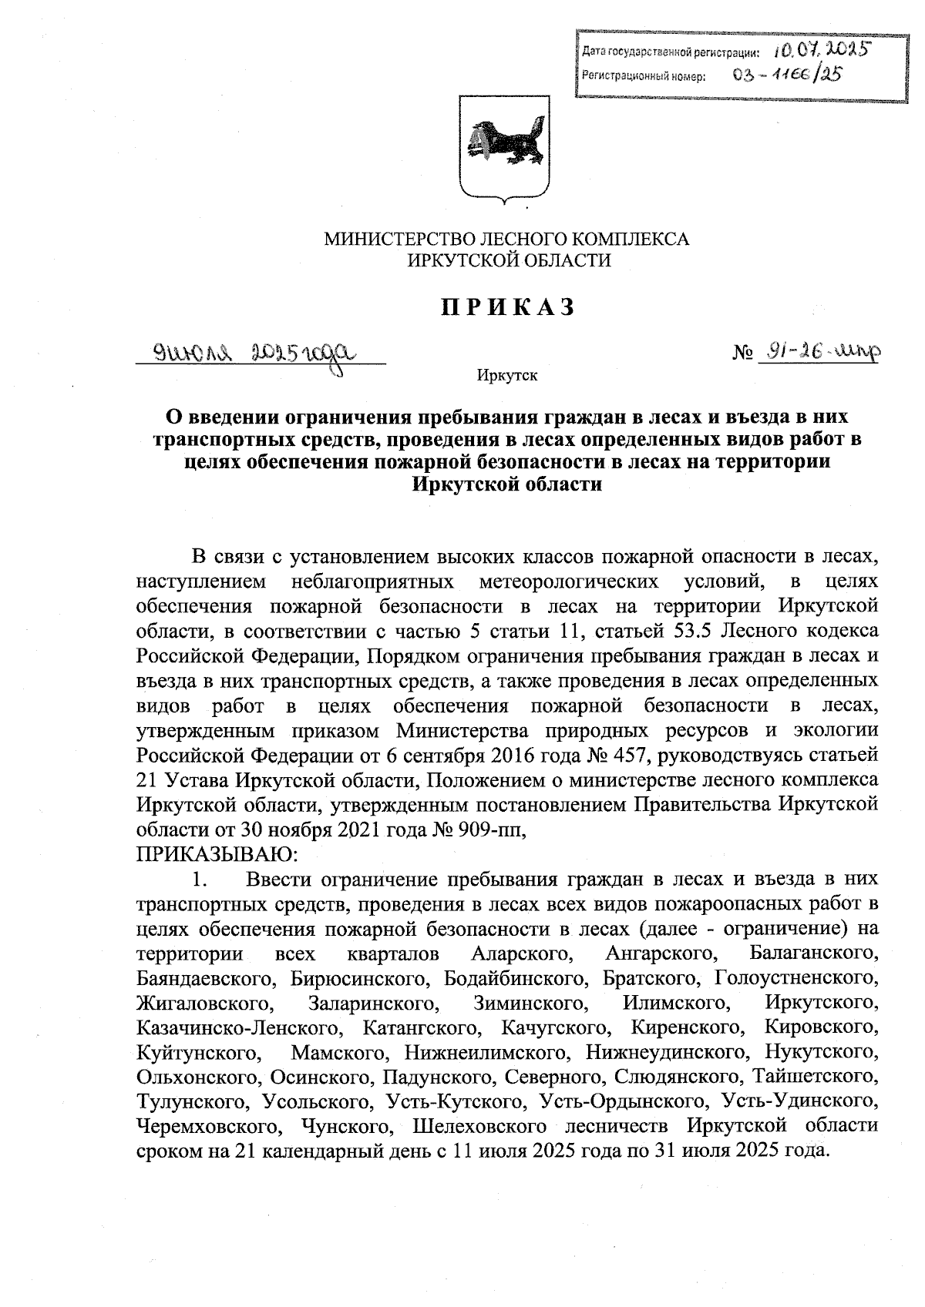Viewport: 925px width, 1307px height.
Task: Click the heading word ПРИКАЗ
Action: click(508, 307)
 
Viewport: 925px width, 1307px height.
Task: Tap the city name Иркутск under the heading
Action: click(507, 377)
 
